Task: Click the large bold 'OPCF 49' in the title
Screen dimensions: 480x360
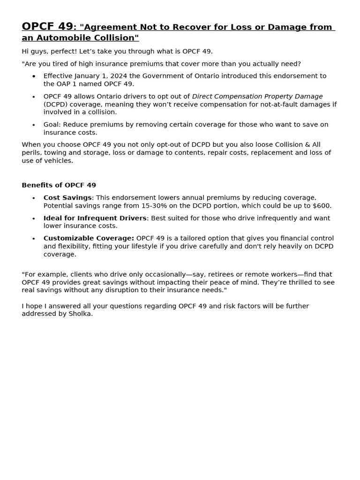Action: click(47, 26)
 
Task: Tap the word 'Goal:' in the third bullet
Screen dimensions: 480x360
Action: click(52, 125)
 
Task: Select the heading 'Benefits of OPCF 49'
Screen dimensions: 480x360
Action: click(59, 185)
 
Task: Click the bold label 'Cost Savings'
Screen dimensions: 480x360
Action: click(67, 198)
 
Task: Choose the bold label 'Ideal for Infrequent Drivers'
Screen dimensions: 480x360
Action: click(95, 218)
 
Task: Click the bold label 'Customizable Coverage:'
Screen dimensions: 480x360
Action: click(89, 239)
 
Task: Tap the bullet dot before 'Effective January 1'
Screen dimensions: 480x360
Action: click(33, 76)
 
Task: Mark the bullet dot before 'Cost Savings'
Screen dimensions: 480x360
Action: click(33, 198)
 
